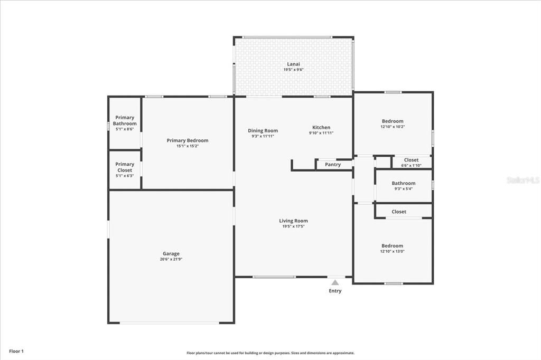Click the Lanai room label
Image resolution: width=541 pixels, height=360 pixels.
point(293,64)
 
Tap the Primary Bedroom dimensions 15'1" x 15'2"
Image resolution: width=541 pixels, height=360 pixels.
point(187,146)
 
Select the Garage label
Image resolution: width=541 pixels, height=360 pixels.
point(171,254)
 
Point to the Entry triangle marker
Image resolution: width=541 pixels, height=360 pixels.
point(335,282)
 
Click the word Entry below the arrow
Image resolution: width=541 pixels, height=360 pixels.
point(335,291)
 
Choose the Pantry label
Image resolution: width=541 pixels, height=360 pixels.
point(333,165)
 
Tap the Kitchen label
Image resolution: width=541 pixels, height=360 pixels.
point(321,127)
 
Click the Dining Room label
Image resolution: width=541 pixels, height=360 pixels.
point(263,130)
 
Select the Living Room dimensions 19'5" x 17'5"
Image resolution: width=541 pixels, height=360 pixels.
point(293,226)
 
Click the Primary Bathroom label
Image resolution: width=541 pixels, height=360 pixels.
point(125,120)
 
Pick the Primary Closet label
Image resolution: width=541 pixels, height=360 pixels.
point(125,167)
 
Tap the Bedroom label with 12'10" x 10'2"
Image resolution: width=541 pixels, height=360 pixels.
point(393,121)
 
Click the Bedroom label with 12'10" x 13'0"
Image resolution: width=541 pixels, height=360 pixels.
point(393,245)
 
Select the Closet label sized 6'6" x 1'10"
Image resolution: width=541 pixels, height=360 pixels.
point(411,160)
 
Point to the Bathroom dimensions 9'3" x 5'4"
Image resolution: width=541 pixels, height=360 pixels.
point(404,189)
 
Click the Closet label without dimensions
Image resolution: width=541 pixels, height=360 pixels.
point(399,212)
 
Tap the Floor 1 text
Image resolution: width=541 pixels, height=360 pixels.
point(16,351)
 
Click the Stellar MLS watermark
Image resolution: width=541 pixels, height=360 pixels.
point(523,180)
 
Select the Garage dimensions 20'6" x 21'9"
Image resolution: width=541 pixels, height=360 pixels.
point(171,259)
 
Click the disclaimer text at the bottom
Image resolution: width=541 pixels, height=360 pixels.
point(270,353)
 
